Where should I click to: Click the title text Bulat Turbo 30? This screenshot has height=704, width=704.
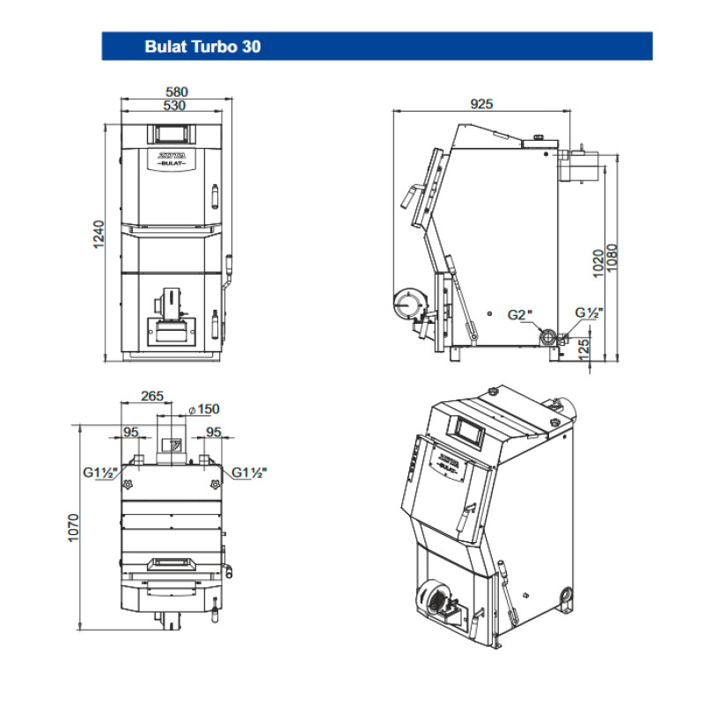(202, 47)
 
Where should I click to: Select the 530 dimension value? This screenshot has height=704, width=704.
(178, 106)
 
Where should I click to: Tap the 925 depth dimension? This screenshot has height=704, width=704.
(481, 104)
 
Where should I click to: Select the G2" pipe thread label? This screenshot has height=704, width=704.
(520, 313)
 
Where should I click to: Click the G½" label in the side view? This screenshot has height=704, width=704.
(588, 312)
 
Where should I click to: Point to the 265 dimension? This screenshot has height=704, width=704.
(153, 396)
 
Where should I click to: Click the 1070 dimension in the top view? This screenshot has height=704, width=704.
(74, 528)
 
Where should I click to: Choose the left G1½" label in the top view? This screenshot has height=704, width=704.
(101, 473)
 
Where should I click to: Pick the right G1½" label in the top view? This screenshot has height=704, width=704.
(250, 473)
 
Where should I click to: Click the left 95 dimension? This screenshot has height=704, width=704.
(131, 432)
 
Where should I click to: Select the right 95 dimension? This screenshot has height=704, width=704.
(213, 432)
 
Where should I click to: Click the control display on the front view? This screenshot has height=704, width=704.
(172, 133)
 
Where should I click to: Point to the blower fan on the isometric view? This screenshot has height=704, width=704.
(433, 599)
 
